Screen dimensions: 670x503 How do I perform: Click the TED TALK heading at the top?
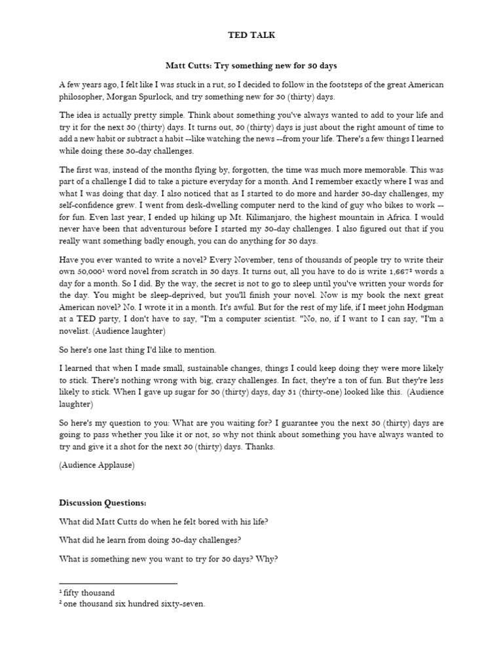[251, 35]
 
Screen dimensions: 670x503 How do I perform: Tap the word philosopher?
[81, 97]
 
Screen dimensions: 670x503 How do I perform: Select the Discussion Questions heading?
[103, 502]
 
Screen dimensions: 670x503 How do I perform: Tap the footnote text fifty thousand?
[88, 593]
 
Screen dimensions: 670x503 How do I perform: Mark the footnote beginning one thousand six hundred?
[134, 604]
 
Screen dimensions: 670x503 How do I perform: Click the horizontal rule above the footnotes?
[118, 582]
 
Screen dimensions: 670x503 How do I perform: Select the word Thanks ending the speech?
[260, 446]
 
